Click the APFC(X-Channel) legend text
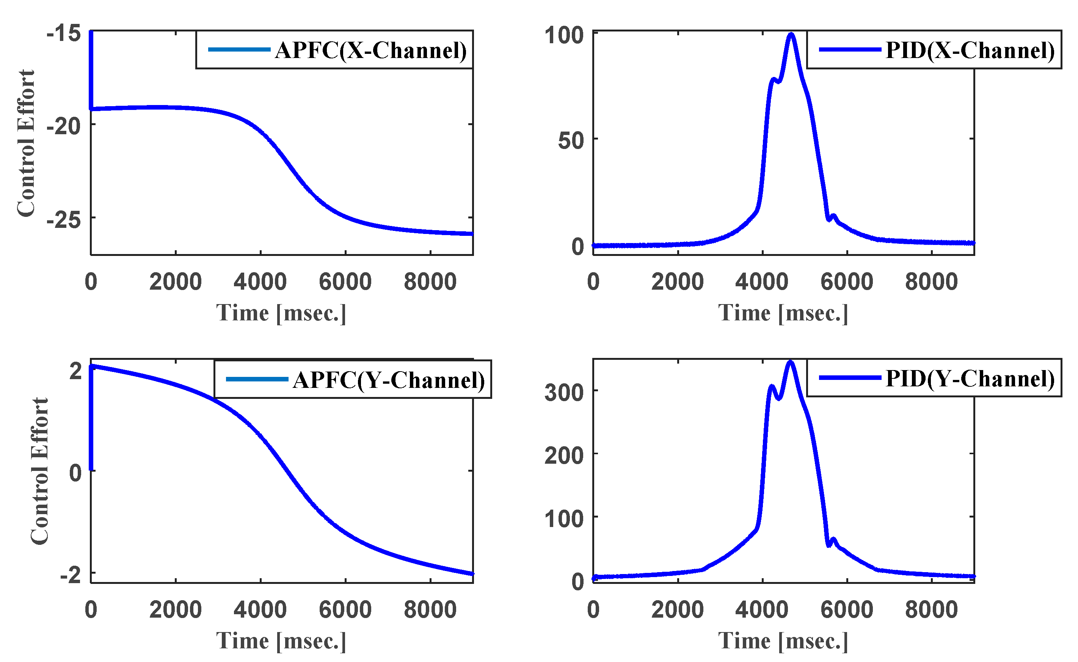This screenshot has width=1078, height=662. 370,50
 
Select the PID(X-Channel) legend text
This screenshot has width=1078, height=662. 970,50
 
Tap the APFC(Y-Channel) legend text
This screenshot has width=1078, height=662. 389,380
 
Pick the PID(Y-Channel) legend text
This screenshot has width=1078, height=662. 970,378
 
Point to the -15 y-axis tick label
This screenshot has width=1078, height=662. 64,33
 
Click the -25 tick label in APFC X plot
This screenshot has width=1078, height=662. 64,220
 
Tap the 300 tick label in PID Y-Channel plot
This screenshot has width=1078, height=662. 564,392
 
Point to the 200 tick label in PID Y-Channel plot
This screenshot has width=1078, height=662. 564,456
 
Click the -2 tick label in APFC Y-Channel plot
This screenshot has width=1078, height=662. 71,574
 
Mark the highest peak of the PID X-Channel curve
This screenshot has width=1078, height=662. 791,34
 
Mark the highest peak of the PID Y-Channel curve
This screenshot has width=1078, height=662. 790,362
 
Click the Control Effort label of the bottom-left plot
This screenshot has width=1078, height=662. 39,472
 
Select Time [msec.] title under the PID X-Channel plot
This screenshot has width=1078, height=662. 783,314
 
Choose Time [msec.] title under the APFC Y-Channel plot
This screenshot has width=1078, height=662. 281,642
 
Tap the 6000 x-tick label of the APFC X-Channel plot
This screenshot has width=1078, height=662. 345,282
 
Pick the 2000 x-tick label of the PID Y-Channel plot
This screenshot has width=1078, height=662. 677,610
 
